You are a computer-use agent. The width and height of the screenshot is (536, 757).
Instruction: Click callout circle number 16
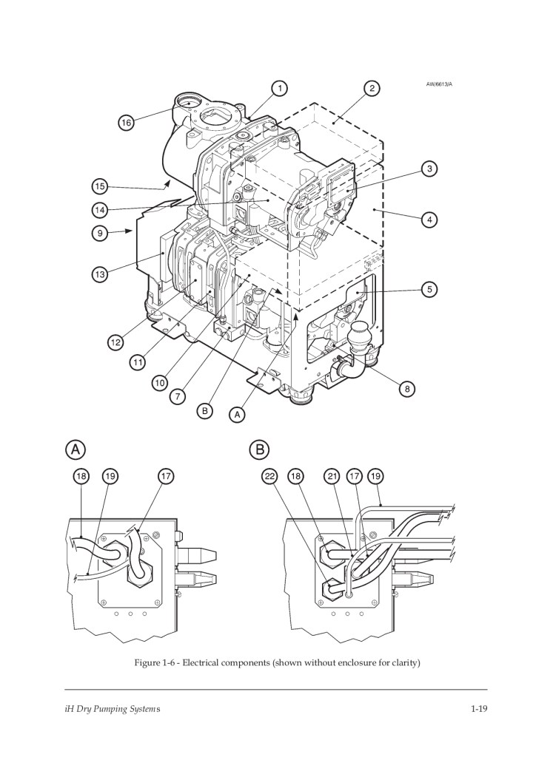126,123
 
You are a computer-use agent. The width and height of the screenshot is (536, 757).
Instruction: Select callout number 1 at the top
279,89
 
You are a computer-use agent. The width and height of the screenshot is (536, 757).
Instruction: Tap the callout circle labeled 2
372,89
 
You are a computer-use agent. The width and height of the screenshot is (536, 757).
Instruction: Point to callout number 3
429,169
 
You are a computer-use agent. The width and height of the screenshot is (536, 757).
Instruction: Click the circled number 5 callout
429,290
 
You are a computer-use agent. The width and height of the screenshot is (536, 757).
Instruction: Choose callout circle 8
407,389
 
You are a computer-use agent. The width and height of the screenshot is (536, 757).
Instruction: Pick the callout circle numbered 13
99,275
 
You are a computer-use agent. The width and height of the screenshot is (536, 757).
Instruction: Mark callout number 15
99,186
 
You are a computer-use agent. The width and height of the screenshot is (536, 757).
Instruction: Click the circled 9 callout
99,233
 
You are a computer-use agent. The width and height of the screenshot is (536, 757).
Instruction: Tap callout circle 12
115,342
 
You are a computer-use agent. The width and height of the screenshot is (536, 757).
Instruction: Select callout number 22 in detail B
269,477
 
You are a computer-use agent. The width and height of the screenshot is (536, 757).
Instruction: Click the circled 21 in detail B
332,477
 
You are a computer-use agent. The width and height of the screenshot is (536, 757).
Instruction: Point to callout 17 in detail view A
166,477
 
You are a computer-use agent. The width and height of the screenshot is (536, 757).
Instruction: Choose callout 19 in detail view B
375,477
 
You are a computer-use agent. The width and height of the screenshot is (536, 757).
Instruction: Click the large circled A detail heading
76,449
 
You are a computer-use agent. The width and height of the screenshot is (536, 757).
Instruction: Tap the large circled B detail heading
260,449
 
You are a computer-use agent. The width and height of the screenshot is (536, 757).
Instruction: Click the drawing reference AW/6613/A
439,84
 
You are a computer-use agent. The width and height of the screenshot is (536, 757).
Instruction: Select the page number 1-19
479,709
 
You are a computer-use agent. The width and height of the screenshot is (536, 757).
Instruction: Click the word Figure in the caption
146,663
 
